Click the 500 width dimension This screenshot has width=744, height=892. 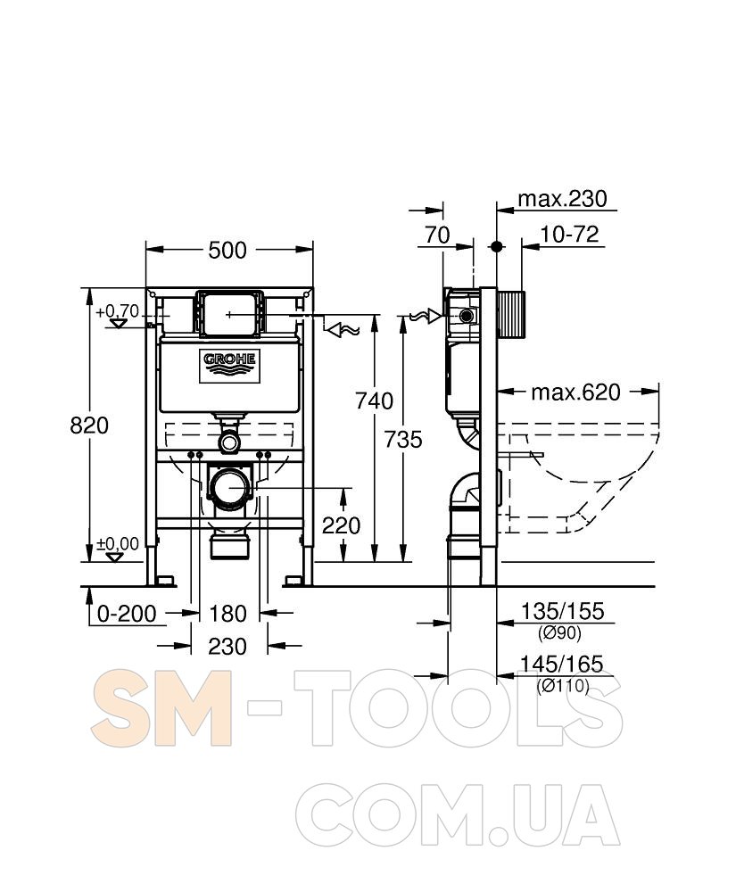point(227,251)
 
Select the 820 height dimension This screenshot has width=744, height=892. point(89,425)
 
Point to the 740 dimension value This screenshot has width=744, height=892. point(375,401)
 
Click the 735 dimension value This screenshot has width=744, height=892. point(402,439)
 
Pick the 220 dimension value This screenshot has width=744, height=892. point(342,525)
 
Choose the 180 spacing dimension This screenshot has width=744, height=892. point(228,614)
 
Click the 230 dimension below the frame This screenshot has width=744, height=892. point(227,646)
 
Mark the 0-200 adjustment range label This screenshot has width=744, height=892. point(127,614)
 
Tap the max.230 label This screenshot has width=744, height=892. point(563,199)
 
